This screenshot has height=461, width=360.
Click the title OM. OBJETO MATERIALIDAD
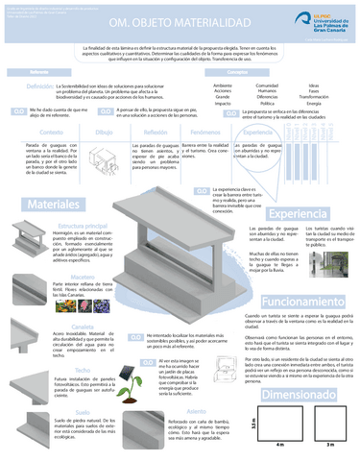pyautogui.click(x=147, y=20)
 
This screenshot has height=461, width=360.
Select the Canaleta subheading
pyautogui.click(x=82, y=299)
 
